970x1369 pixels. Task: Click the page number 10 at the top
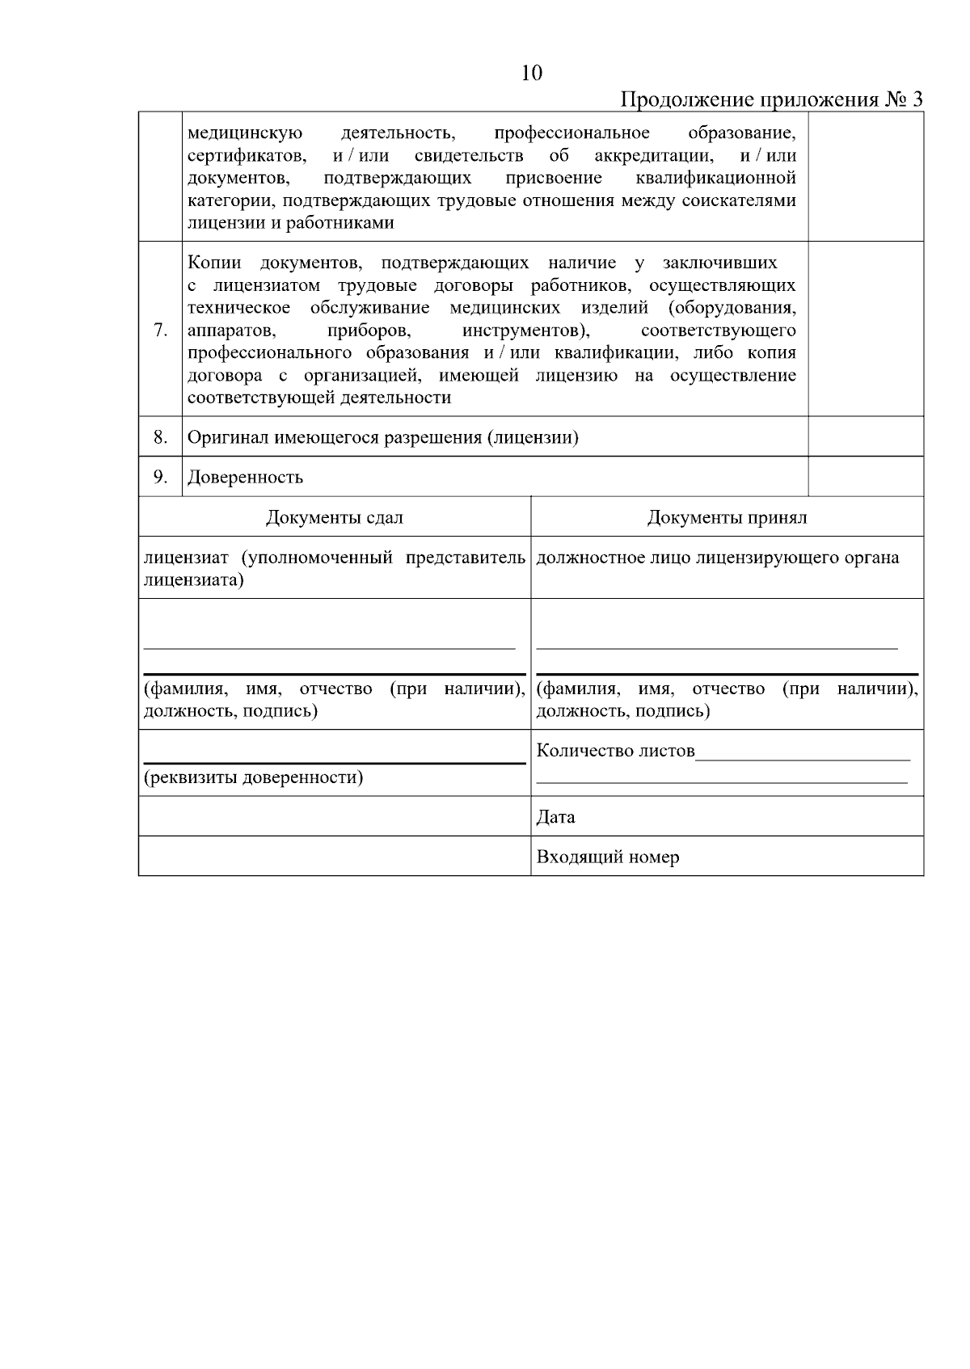point(532,74)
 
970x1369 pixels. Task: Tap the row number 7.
point(160,330)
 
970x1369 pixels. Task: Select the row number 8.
point(160,437)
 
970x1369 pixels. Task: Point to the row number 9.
point(160,477)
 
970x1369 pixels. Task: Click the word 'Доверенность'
point(245,477)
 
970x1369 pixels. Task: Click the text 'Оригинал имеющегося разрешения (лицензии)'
point(382,437)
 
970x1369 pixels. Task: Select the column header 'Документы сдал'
point(334,517)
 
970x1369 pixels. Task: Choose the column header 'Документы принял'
point(727,517)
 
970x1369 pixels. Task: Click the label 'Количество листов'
point(615,751)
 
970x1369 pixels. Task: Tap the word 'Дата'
point(555,816)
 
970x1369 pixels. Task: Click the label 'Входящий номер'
point(607,857)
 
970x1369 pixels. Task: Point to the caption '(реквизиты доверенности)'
point(253,777)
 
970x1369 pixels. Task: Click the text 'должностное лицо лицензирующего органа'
point(717,558)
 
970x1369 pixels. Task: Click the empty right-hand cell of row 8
point(865,437)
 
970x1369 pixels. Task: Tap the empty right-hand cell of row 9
point(865,477)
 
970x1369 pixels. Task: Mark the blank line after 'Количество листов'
point(802,758)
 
